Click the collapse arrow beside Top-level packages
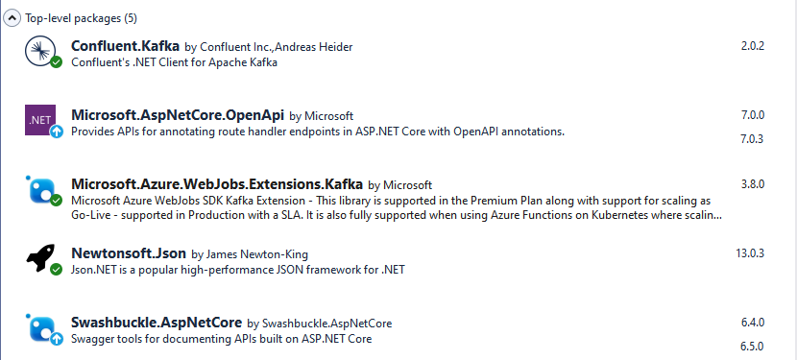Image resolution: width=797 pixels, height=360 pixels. click(x=12, y=17)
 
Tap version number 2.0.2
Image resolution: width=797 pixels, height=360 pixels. click(x=752, y=46)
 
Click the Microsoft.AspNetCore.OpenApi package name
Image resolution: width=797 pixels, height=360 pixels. click(x=178, y=115)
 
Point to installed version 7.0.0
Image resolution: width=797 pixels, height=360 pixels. click(x=752, y=115)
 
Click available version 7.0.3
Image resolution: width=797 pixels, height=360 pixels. click(x=752, y=139)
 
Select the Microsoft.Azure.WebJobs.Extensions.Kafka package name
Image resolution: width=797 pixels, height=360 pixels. click(x=217, y=184)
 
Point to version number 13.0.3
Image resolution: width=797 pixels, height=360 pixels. click(x=749, y=253)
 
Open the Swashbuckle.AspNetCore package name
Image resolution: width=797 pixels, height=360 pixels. click(x=157, y=323)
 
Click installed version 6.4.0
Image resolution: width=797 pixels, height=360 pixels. click(x=752, y=323)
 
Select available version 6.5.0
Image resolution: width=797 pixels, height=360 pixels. click(x=752, y=347)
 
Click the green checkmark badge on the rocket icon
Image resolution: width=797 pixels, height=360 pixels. click(x=57, y=270)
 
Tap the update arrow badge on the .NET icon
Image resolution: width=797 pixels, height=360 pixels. click(x=57, y=132)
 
